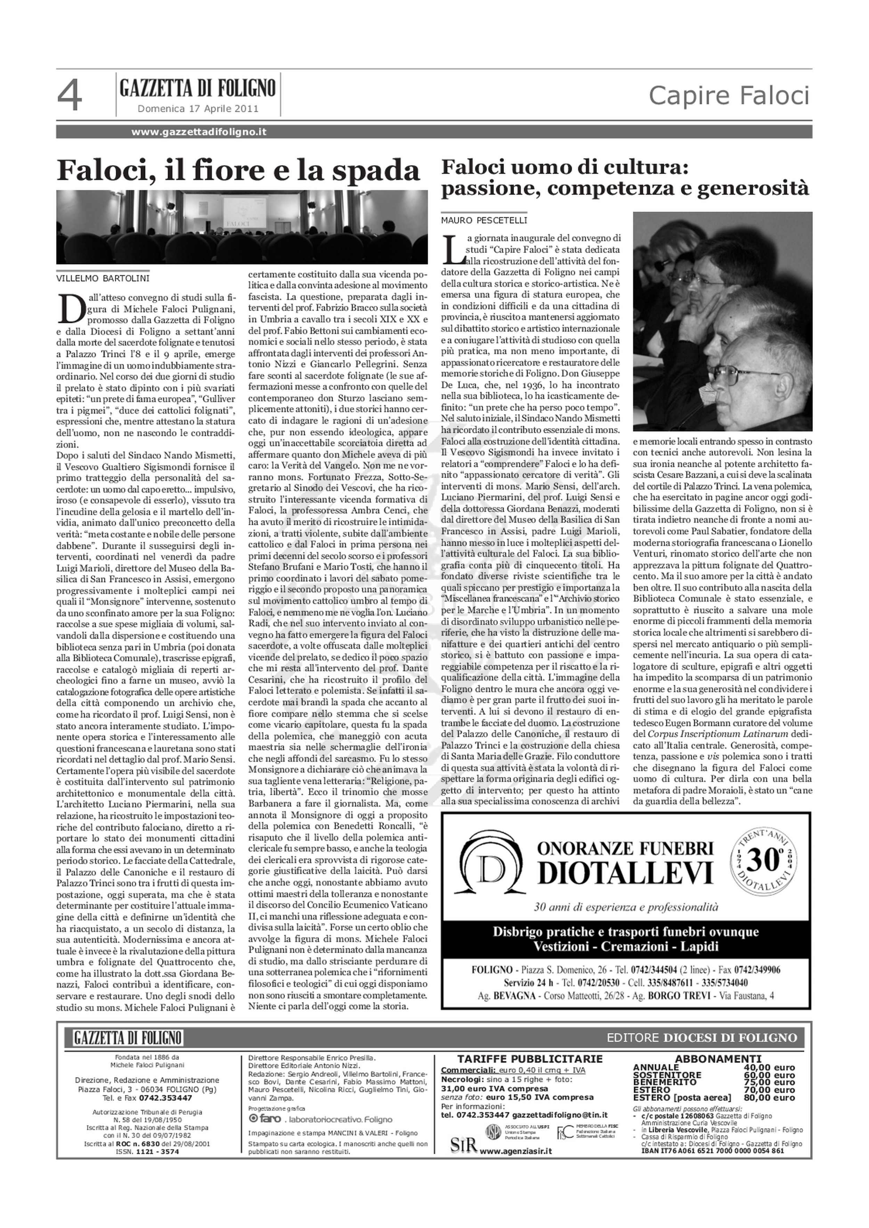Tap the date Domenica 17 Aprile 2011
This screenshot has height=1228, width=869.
(198, 109)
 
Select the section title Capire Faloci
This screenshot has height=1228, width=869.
(729, 96)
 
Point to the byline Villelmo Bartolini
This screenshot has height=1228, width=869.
(103, 278)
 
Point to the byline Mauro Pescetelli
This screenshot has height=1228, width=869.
(484, 220)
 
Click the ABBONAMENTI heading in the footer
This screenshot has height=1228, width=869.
(717, 1059)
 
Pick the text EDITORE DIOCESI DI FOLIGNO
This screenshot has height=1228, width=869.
(701, 1038)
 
